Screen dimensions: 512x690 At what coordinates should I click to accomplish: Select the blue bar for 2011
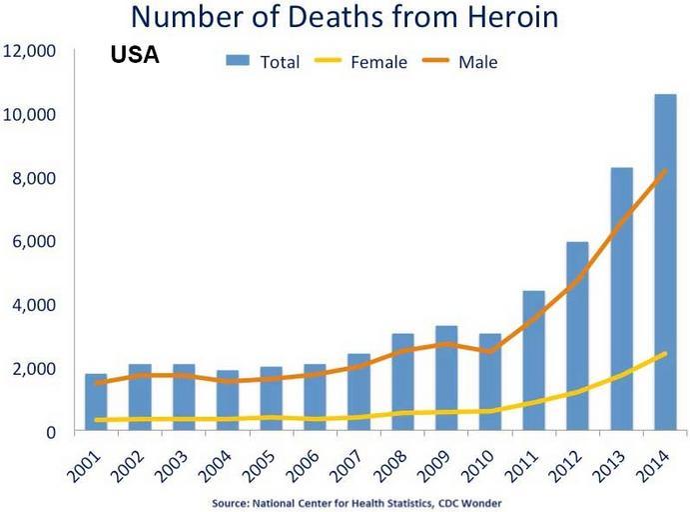tap(534, 360)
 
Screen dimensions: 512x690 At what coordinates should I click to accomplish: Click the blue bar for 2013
tap(622, 299)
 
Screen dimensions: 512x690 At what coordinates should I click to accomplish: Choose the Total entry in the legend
tap(264, 62)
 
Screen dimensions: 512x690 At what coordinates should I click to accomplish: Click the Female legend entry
tap(363, 62)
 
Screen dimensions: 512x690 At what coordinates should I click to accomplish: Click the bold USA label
tap(135, 56)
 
